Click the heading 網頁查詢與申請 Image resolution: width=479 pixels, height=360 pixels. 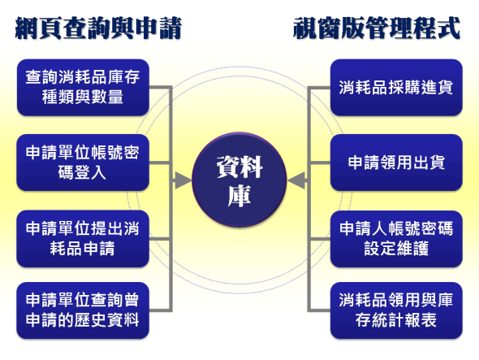98,28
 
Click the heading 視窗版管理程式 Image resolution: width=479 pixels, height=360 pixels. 377,28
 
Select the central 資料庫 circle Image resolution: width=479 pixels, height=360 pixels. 239,180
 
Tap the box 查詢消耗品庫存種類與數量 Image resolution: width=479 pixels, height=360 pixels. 83,88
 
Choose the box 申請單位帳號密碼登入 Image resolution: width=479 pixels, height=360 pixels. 83,163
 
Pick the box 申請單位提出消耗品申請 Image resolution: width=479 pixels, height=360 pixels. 83,239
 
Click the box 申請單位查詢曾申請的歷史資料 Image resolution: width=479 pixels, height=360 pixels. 83,310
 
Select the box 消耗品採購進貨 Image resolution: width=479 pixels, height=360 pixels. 396,88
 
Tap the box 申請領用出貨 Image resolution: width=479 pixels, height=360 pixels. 396,163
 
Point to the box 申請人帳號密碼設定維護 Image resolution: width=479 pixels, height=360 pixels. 396,239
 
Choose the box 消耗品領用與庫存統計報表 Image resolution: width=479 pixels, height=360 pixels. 396,310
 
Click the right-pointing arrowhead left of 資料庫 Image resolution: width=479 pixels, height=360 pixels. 183,180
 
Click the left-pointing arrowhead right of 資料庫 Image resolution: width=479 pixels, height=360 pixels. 296,180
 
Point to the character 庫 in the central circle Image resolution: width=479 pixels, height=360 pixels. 239,196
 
